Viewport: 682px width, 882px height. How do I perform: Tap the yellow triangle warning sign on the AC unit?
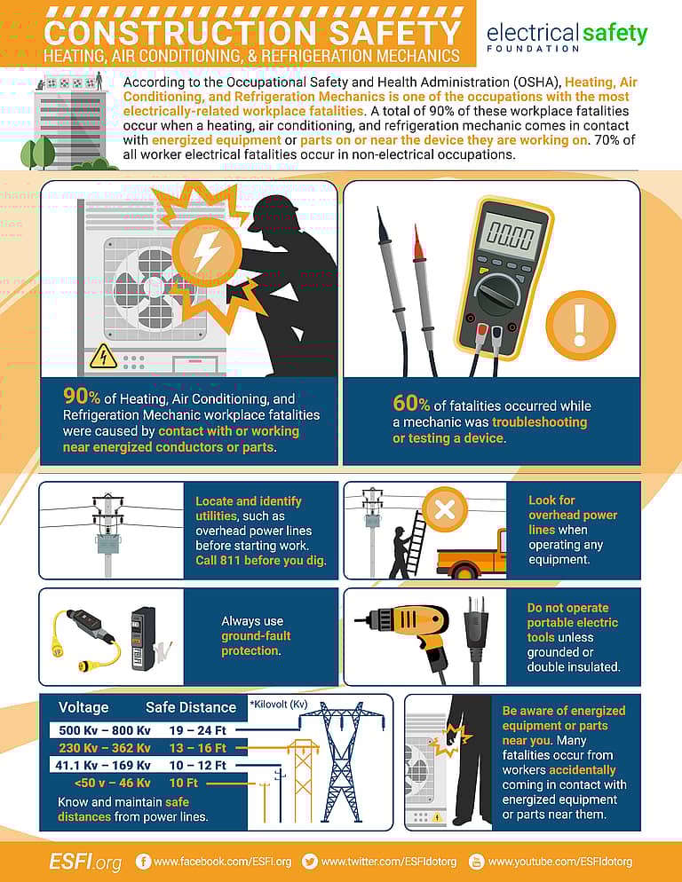pyautogui.click(x=104, y=355)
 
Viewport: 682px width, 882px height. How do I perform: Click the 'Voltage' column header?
pyautogui.click(x=83, y=707)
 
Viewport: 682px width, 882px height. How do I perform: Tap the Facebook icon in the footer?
pyautogui.click(x=143, y=861)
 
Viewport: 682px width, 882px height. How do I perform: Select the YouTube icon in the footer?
pyautogui.click(x=476, y=861)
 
